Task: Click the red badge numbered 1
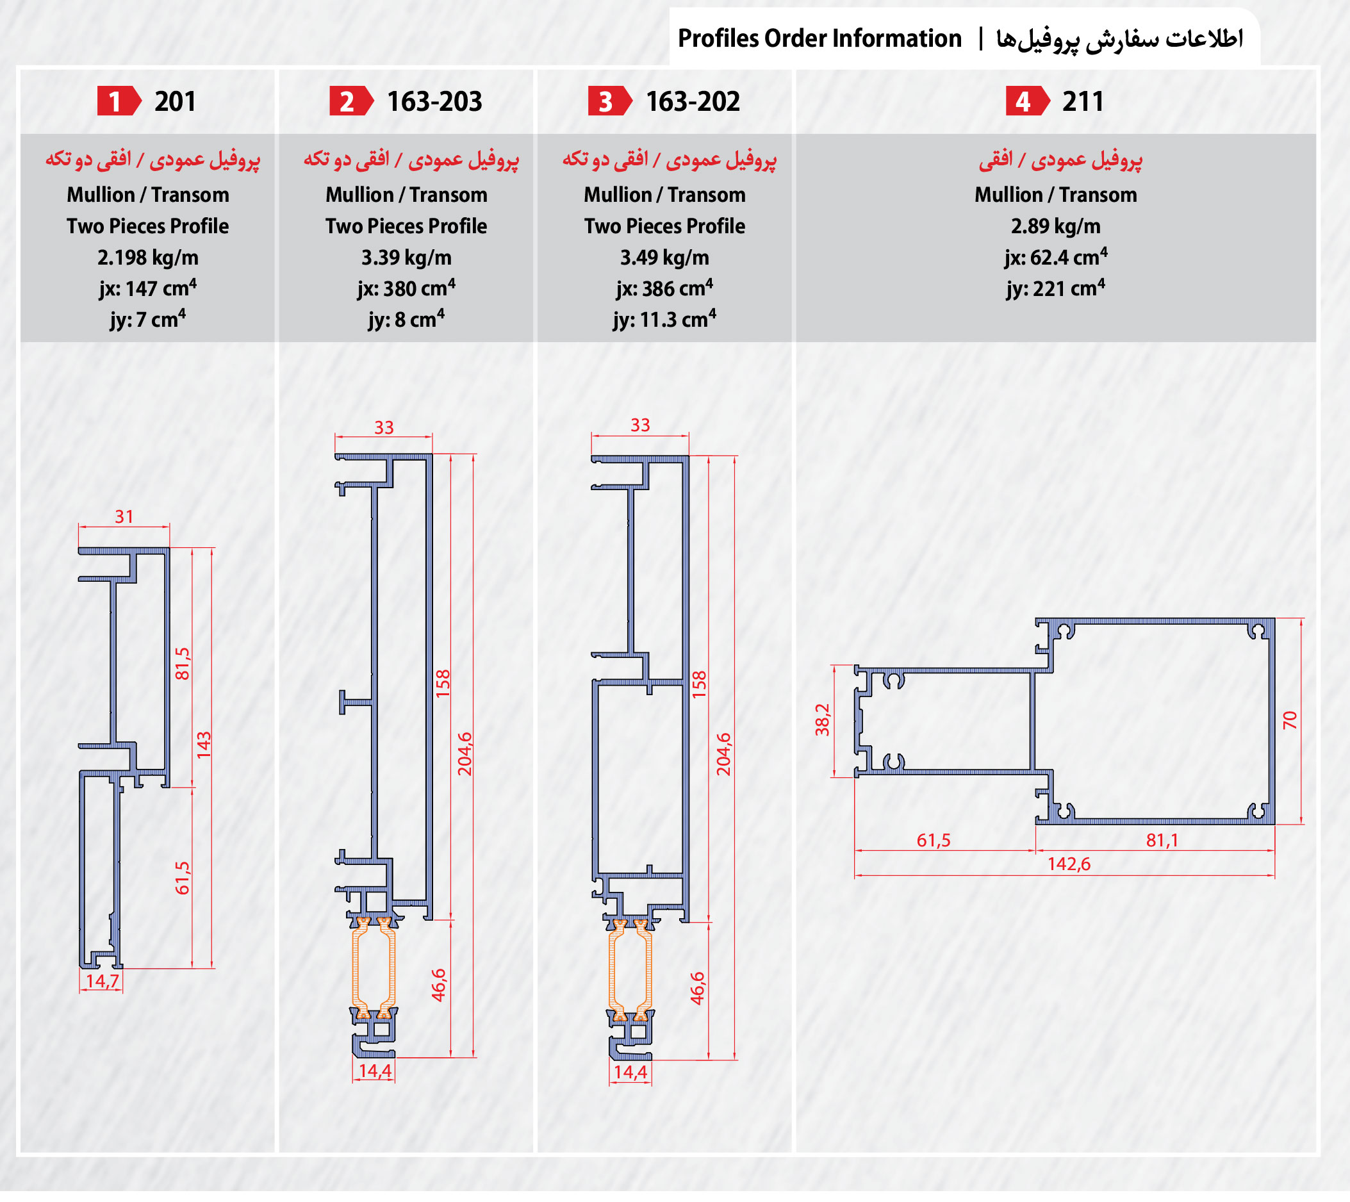(x=119, y=102)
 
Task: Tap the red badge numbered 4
(x=1028, y=102)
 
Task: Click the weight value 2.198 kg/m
(x=148, y=258)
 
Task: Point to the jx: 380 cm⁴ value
(x=406, y=288)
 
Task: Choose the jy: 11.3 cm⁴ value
(x=664, y=320)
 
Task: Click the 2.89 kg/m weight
(x=1055, y=227)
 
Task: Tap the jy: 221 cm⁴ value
(x=1055, y=288)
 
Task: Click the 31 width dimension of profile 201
(x=124, y=517)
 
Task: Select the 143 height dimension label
(x=203, y=746)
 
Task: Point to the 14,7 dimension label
(x=103, y=981)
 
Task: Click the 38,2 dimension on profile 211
(x=822, y=720)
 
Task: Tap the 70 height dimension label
(x=1290, y=721)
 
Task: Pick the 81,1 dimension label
(x=1162, y=841)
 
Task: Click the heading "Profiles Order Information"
(x=819, y=38)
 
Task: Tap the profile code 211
(x=1083, y=102)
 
